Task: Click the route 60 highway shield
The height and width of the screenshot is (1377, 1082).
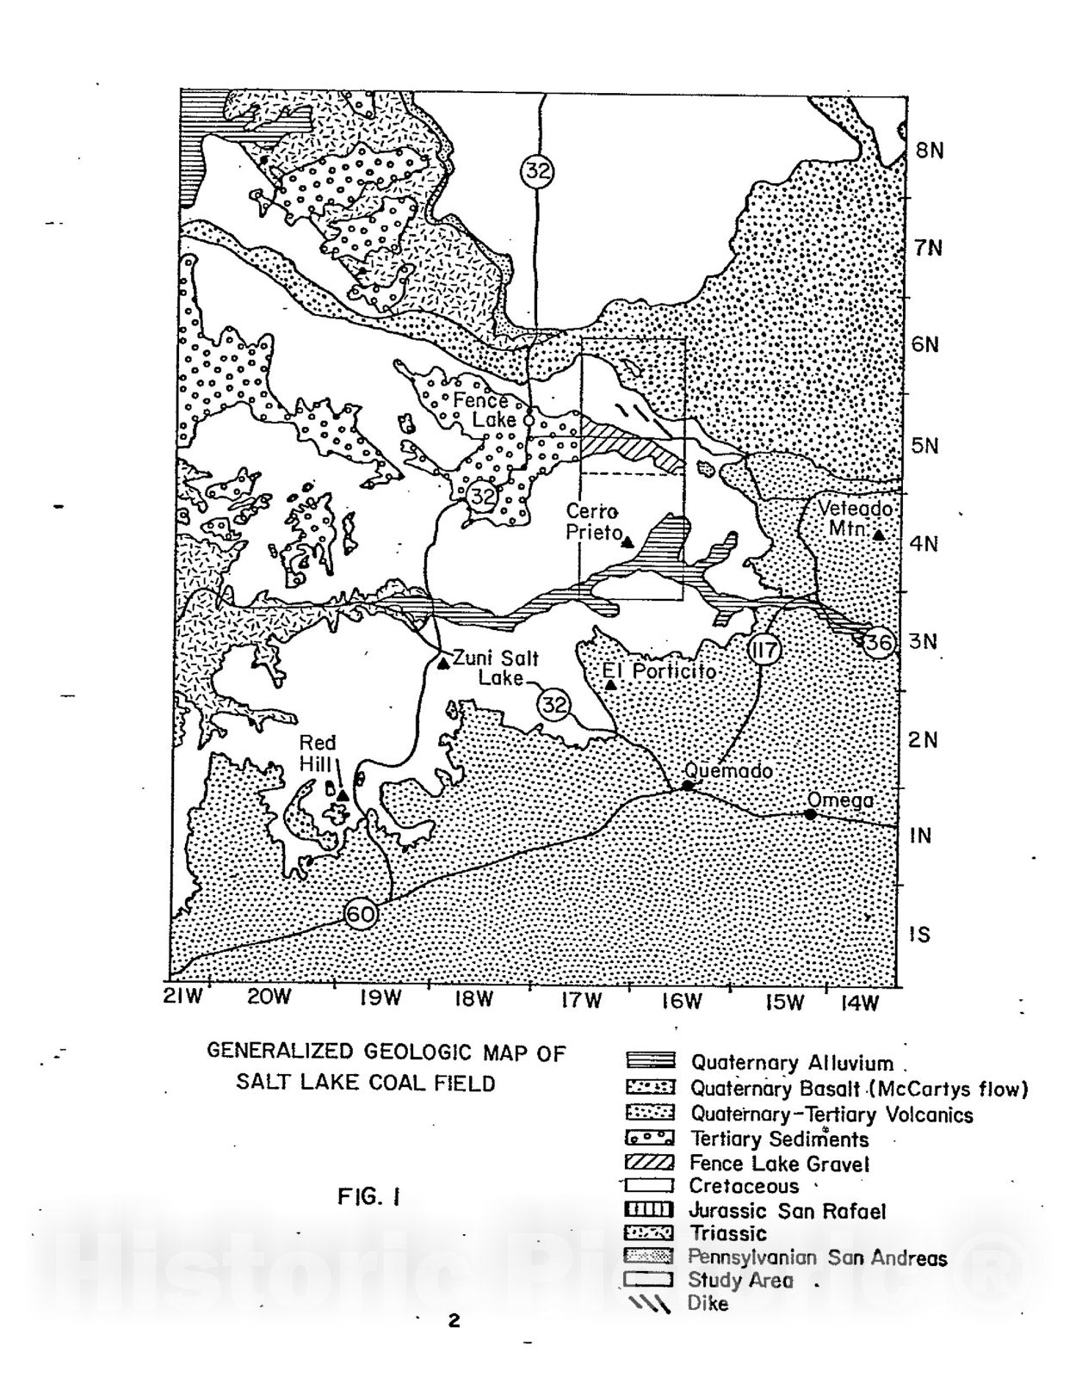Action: pyautogui.click(x=361, y=913)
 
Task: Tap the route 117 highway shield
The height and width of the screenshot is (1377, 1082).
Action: pyautogui.click(x=764, y=648)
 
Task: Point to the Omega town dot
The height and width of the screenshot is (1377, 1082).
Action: pyautogui.click(x=810, y=814)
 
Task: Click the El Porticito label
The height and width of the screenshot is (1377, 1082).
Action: pyautogui.click(x=658, y=670)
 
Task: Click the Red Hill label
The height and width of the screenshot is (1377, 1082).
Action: pyautogui.click(x=318, y=752)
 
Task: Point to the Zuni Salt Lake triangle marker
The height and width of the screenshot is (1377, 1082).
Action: pyautogui.click(x=442, y=663)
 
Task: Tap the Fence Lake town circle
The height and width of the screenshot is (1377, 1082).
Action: pyautogui.click(x=529, y=419)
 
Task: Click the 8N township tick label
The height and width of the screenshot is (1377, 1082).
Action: pyautogui.click(x=929, y=151)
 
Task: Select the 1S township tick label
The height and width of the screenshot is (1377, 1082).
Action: pyautogui.click(x=920, y=934)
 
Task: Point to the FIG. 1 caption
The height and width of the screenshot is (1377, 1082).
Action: pyautogui.click(x=369, y=1196)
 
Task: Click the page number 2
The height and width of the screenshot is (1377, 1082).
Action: pyautogui.click(x=454, y=1320)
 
